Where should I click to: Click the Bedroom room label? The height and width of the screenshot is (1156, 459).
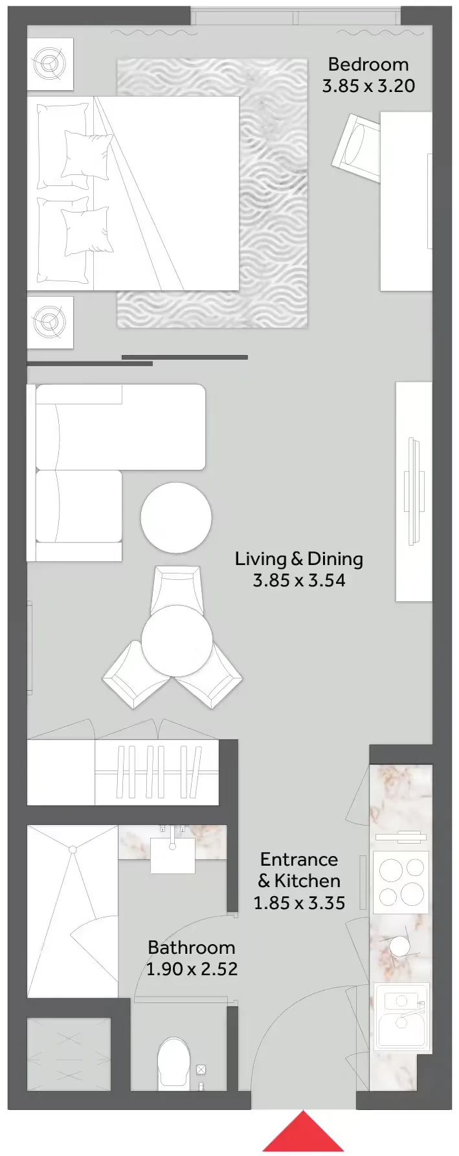[368, 64]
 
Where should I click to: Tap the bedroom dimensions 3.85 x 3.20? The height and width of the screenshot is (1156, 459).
[368, 86]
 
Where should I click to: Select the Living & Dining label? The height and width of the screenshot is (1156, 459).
[298, 559]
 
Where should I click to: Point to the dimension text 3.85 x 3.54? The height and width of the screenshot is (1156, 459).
[298, 580]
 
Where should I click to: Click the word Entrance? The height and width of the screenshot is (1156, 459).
[299, 859]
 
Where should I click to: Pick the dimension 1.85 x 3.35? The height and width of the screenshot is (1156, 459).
[299, 903]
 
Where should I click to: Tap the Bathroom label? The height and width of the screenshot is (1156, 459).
[191, 947]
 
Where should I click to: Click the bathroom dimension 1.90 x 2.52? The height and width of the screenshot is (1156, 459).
[192, 969]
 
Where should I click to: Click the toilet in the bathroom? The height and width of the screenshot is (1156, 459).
[174, 1063]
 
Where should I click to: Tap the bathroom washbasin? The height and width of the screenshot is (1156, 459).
[173, 855]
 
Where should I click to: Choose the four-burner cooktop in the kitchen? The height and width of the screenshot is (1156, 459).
[401, 882]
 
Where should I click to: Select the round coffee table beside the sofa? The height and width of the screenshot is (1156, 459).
[176, 518]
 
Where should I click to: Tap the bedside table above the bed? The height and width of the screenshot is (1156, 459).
[50, 64]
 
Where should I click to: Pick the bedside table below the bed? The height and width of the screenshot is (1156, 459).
[50, 321]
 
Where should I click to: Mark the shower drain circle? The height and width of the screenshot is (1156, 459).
[73, 850]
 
